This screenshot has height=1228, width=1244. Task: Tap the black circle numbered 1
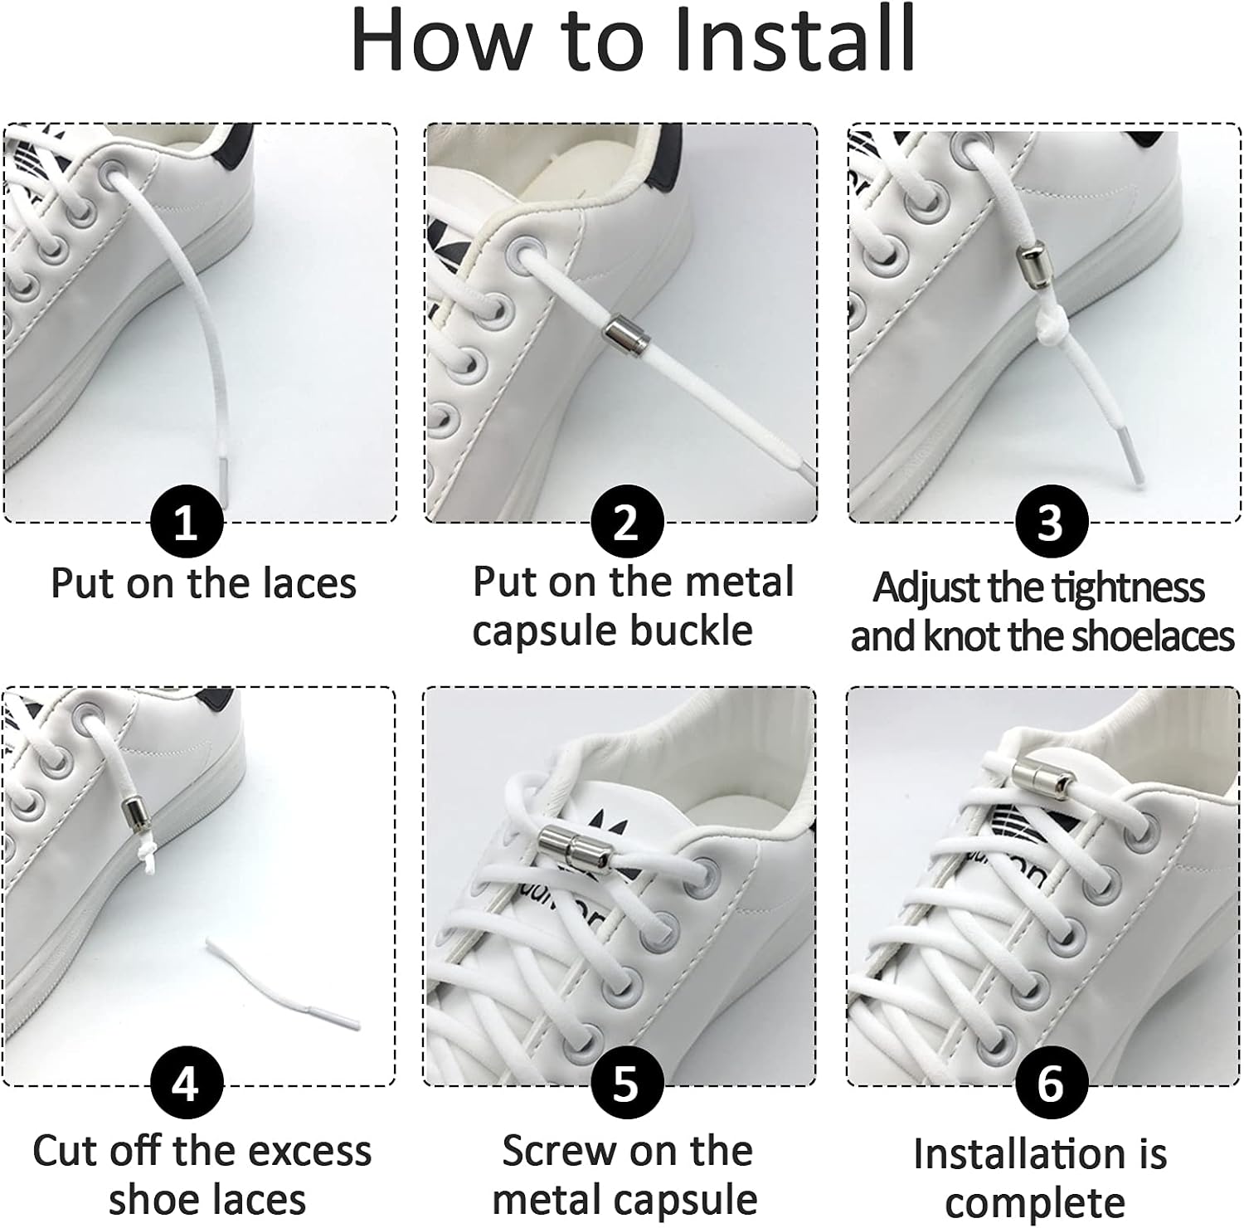[x=187, y=524]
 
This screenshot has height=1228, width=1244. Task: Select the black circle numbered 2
[x=626, y=523]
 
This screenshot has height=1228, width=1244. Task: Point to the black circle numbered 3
[x=1050, y=523]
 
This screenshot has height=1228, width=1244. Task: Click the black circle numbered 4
[x=187, y=1084]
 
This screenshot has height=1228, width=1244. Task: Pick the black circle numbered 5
[x=626, y=1084]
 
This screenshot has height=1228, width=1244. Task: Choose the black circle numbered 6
[x=1050, y=1084]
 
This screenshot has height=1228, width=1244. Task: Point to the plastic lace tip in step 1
[x=224, y=481]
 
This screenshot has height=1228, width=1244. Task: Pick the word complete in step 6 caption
[x=1034, y=1203]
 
